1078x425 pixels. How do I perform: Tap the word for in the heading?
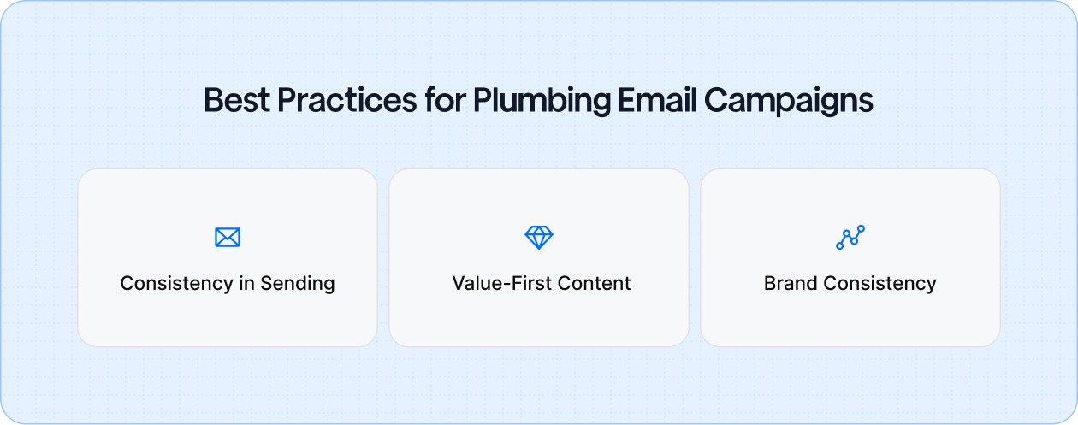click(x=445, y=101)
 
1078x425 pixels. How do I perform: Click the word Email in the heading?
click(x=658, y=101)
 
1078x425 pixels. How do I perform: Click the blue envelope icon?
click(x=228, y=238)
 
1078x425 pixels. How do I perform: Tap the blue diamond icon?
click(x=539, y=238)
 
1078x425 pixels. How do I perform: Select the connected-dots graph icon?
click(x=850, y=238)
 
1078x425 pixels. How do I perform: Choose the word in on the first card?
click(x=246, y=284)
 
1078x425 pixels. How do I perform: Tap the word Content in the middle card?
click(x=595, y=284)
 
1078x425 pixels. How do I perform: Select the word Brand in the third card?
click(x=790, y=284)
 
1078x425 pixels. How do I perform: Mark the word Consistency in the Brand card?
click(x=879, y=284)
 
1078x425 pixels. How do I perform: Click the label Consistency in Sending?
click(x=228, y=284)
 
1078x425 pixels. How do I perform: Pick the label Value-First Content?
click(x=542, y=284)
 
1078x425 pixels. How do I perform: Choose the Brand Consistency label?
click(x=850, y=284)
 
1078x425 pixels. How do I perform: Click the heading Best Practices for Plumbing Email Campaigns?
click(x=539, y=101)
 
